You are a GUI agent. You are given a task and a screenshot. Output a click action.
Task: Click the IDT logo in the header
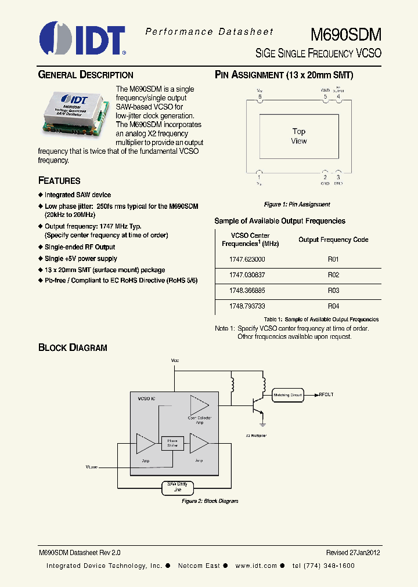pos(82,39)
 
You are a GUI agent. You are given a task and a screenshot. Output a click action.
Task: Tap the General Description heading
pos(85,75)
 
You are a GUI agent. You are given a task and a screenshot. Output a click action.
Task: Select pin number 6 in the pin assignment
pos(260,97)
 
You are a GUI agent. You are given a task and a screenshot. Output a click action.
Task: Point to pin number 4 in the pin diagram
pos(338,97)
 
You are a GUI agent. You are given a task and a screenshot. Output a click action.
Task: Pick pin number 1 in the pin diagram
pos(260,177)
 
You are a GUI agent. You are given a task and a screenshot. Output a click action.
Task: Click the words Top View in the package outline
pos(299,136)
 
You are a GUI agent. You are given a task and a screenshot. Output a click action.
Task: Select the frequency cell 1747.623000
pos(247,259)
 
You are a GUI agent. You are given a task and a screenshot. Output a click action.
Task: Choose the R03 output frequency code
pos(333,291)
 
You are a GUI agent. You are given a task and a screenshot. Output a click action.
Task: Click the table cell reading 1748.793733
pos(247,306)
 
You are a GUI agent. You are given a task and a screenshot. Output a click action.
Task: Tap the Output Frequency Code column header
pos(333,240)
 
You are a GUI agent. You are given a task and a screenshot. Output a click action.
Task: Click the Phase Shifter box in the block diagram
pos(172,443)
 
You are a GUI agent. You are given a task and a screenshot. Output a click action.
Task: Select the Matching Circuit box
pos(288,394)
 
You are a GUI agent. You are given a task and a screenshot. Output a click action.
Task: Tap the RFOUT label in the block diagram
pos(326,394)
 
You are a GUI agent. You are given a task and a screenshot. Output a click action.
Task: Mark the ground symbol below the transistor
pos(262,414)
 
